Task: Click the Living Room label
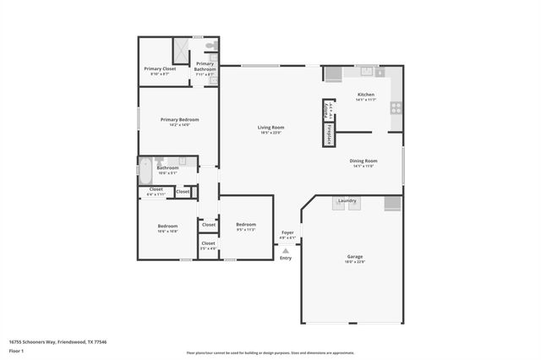pyautogui.click(x=270, y=128)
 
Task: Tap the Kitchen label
pyautogui.click(x=365, y=95)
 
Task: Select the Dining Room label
pyautogui.click(x=363, y=161)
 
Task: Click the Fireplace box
pyautogui.click(x=328, y=134)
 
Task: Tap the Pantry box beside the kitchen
pyautogui.click(x=327, y=110)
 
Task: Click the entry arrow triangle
pyautogui.click(x=286, y=250)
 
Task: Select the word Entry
pyautogui.click(x=286, y=258)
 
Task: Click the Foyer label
pyautogui.click(x=287, y=232)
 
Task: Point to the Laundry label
pyautogui.click(x=347, y=200)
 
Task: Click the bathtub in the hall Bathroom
pyautogui.click(x=146, y=172)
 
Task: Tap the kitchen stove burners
pyautogui.click(x=395, y=108)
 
